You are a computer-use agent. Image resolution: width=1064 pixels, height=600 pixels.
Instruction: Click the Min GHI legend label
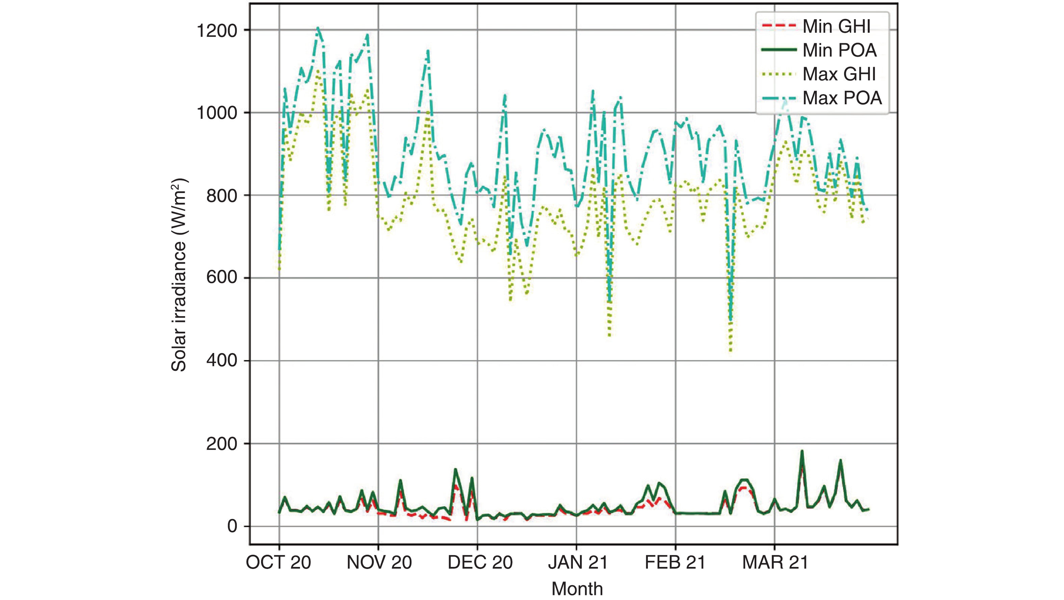(836, 26)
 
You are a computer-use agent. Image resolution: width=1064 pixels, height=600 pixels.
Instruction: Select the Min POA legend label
(839, 50)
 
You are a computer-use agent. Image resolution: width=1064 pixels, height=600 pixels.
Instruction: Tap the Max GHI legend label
(839, 74)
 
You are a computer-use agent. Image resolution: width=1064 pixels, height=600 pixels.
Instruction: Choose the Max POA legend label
(842, 98)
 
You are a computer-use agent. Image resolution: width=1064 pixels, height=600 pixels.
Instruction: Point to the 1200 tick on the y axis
(217, 30)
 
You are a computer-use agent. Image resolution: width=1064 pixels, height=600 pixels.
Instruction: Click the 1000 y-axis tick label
(217, 113)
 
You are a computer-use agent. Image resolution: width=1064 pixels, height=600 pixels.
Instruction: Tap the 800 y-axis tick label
(222, 196)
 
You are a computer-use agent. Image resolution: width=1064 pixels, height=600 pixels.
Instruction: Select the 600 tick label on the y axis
(222, 277)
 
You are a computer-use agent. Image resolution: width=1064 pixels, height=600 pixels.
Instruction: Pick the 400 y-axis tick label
(222, 361)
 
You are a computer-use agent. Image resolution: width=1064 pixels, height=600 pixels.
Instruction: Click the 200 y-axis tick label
(222, 444)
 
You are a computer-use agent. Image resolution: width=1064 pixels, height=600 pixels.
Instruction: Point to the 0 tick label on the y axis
(232, 526)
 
